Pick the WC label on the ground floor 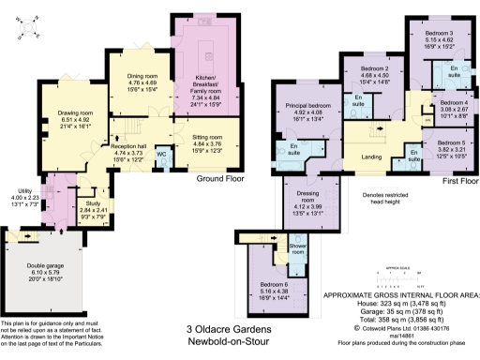click(x=161, y=153)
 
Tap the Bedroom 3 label click(x=438, y=34)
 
